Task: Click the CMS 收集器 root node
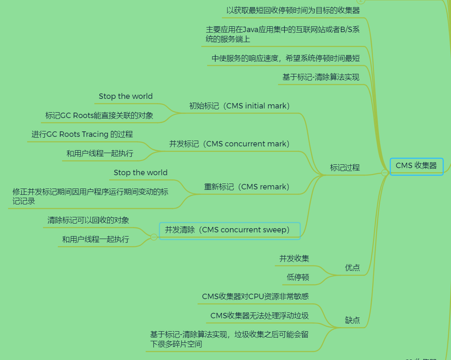[x=416, y=166]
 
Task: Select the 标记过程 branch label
[x=345, y=168]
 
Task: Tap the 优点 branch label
[x=352, y=268]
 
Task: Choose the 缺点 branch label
[x=352, y=320]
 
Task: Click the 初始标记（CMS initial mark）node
[x=239, y=106]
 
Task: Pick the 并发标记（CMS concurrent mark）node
[x=229, y=144]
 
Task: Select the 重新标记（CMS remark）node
[x=246, y=187]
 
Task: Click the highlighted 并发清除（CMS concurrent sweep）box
[x=230, y=230]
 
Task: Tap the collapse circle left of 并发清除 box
[x=154, y=237]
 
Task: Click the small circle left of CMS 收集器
[x=385, y=173]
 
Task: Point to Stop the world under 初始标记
[x=125, y=96]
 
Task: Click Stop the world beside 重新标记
[x=140, y=173]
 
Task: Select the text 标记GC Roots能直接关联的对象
[x=99, y=116]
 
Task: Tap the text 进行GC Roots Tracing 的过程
[x=82, y=134]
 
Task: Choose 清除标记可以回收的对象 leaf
[x=88, y=220]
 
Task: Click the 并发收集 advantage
[x=294, y=259]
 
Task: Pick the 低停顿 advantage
[x=298, y=277]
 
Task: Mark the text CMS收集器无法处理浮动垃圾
[x=259, y=316]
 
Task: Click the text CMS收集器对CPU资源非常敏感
[x=255, y=297]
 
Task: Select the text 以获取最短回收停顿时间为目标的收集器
[x=293, y=10]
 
